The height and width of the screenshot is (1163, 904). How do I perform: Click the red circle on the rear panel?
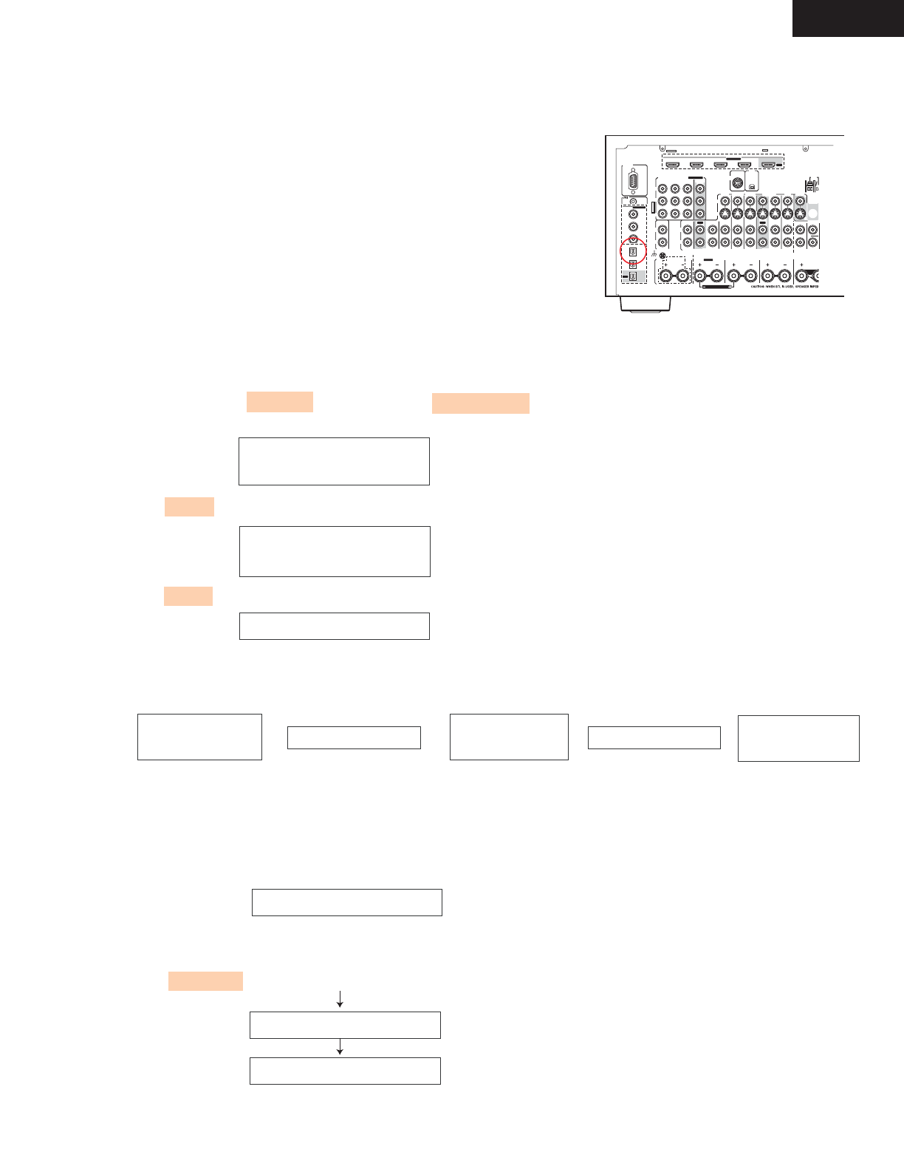tap(634, 252)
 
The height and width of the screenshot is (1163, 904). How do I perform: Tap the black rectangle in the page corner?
tap(848, 18)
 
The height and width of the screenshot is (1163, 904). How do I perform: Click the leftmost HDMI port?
tap(674, 165)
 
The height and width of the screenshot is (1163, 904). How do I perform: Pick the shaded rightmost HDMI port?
tap(769, 165)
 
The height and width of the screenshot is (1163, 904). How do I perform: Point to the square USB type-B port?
tap(751, 187)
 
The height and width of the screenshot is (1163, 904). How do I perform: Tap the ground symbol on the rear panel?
tap(654, 256)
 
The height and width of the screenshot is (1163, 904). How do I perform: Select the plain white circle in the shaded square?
tap(812, 214)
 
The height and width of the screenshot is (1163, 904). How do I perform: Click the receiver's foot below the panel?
tap(645, 304)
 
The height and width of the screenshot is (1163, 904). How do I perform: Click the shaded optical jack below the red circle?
tap(633, 277)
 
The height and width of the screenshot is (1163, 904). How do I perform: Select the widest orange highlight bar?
tap(481, 403)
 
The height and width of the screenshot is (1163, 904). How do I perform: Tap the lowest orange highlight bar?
tap(205, 980)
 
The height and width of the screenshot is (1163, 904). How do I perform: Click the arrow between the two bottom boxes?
tap(340, 1047)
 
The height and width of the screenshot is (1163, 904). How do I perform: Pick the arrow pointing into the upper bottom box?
tap(340, 999)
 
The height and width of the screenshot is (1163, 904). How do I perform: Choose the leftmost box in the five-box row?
tap(199, 737)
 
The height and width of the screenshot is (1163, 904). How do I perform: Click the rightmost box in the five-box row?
tap(798, 738)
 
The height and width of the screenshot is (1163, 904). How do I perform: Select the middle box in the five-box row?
tap(509, 737)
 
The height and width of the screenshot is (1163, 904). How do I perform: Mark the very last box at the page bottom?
tap(345, 1071)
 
